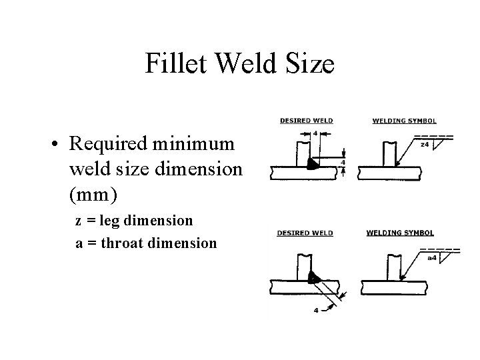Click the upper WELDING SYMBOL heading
[x=404, y=121]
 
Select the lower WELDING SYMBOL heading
[x=400, y=233]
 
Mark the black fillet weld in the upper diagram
[x=311, y=164]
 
